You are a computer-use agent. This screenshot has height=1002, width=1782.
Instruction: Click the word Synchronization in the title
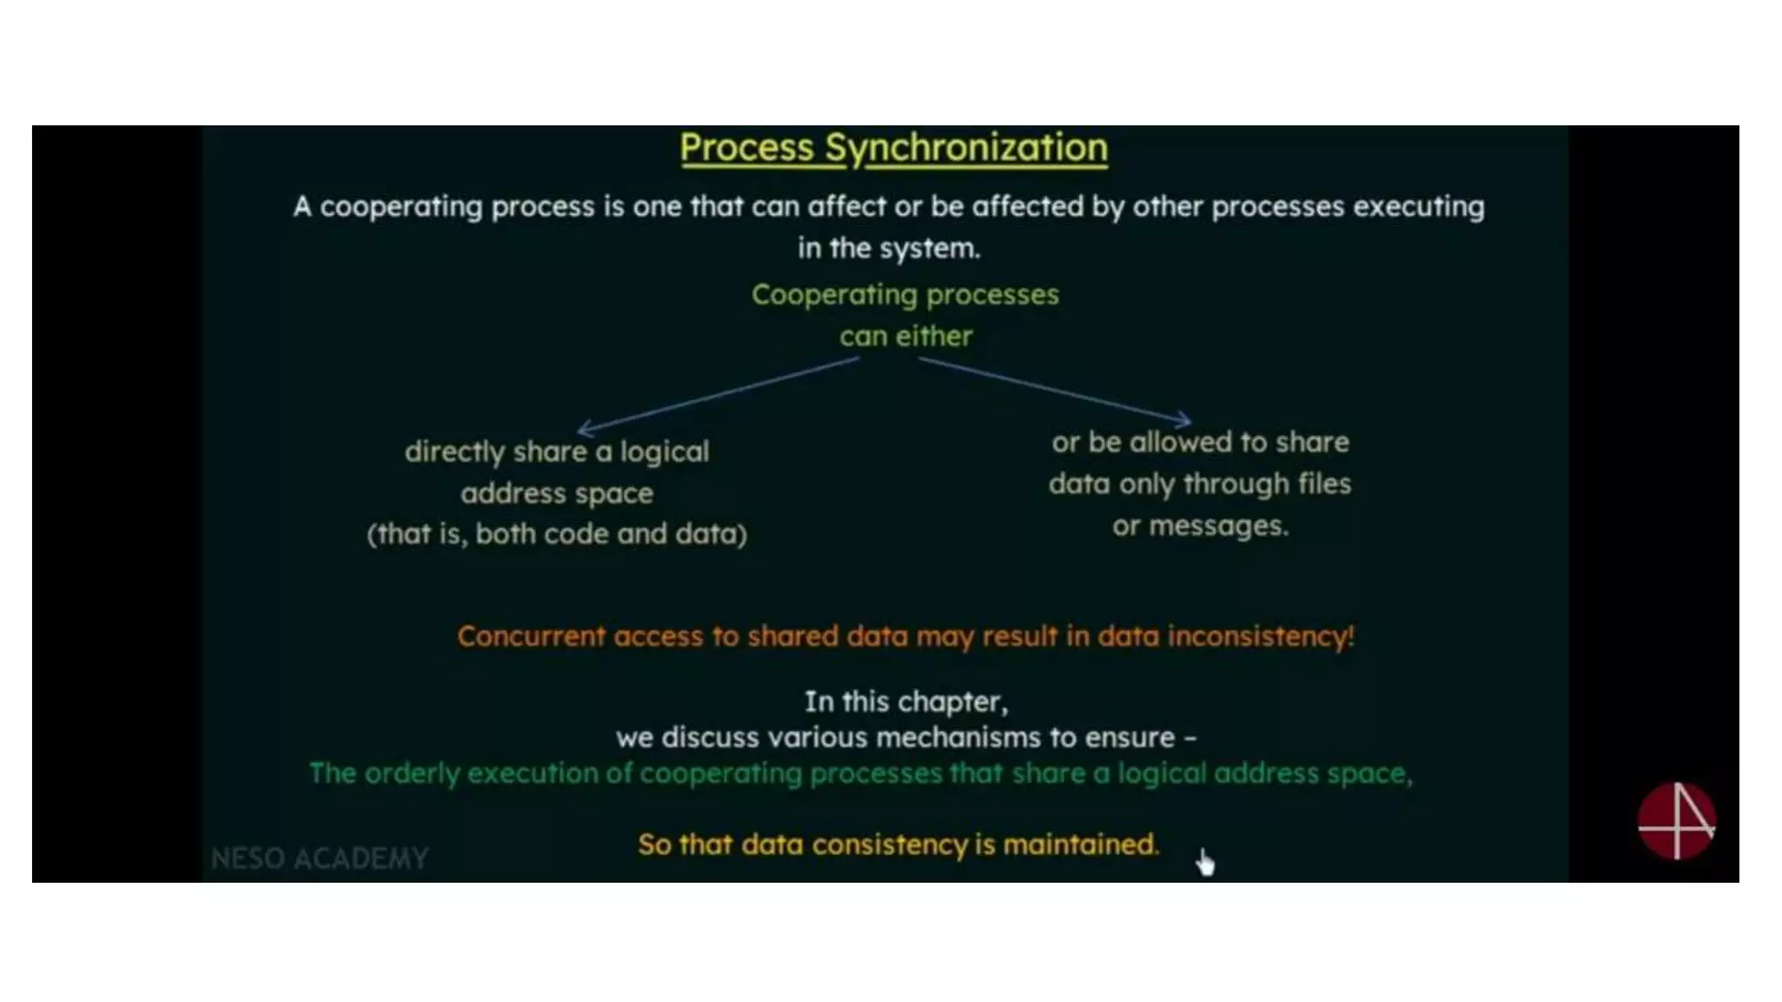click(x=966, y=148)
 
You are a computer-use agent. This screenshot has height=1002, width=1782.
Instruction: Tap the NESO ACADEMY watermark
click(x=319, y=858)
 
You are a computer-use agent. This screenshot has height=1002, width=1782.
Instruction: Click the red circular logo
click(x=1676, y=821)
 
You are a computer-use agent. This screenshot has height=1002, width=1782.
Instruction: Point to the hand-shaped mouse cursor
click(x=1205, y=862)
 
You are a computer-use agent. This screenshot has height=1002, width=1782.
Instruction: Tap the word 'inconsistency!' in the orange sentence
click(x=1261, y=637)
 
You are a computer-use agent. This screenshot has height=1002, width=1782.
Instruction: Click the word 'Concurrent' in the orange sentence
click(x=531, y=637)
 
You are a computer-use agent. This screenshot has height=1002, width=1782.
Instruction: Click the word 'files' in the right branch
click(x=1324, y=484)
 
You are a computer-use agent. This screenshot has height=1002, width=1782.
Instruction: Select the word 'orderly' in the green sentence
click(x=411, y=774)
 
